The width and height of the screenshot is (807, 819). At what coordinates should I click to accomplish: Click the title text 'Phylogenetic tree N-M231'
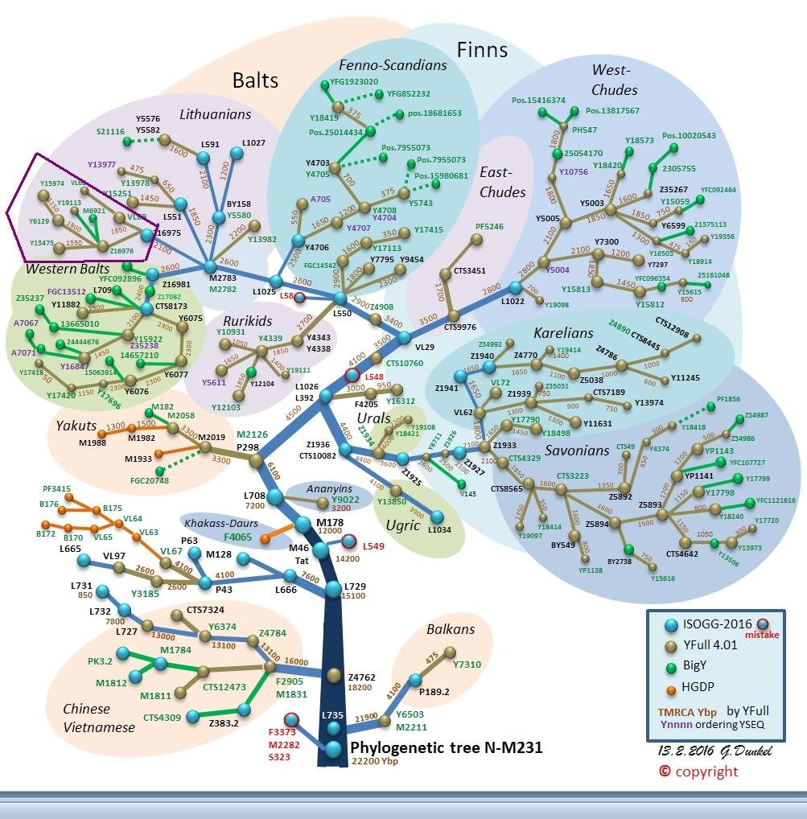point(446,748)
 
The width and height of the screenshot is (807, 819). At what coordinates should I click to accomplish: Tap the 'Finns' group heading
point(482,50)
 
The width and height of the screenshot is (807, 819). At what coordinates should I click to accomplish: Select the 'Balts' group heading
point(255,80)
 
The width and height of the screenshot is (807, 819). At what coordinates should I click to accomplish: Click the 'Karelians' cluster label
point(563,333)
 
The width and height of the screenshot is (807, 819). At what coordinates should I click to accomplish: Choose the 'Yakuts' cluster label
point(76,426)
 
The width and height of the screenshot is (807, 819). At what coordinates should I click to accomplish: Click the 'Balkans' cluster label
point(451,629)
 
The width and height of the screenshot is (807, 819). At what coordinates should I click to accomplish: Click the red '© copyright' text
point(698,772)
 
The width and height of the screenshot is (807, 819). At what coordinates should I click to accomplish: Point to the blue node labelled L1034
point(438,518)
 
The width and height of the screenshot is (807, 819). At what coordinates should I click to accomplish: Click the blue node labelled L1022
point(516,288)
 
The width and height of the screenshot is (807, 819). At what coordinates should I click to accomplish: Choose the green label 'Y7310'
point(467,665)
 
